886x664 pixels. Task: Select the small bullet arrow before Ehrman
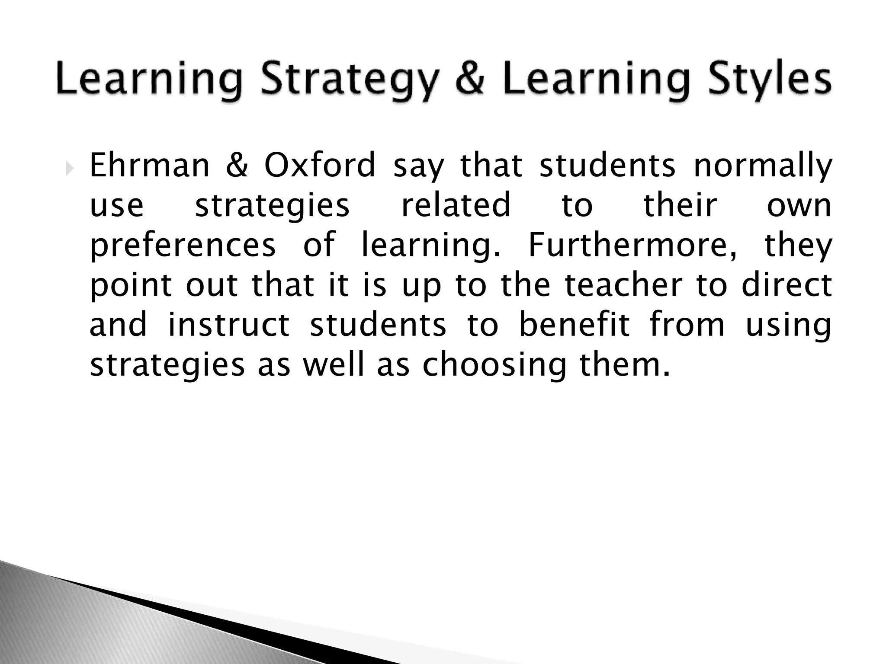(x=70, y=166)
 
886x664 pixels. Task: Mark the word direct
(x=786, y=285)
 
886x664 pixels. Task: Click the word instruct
(x=228, y=325)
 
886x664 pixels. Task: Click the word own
(x=799, y=206)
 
